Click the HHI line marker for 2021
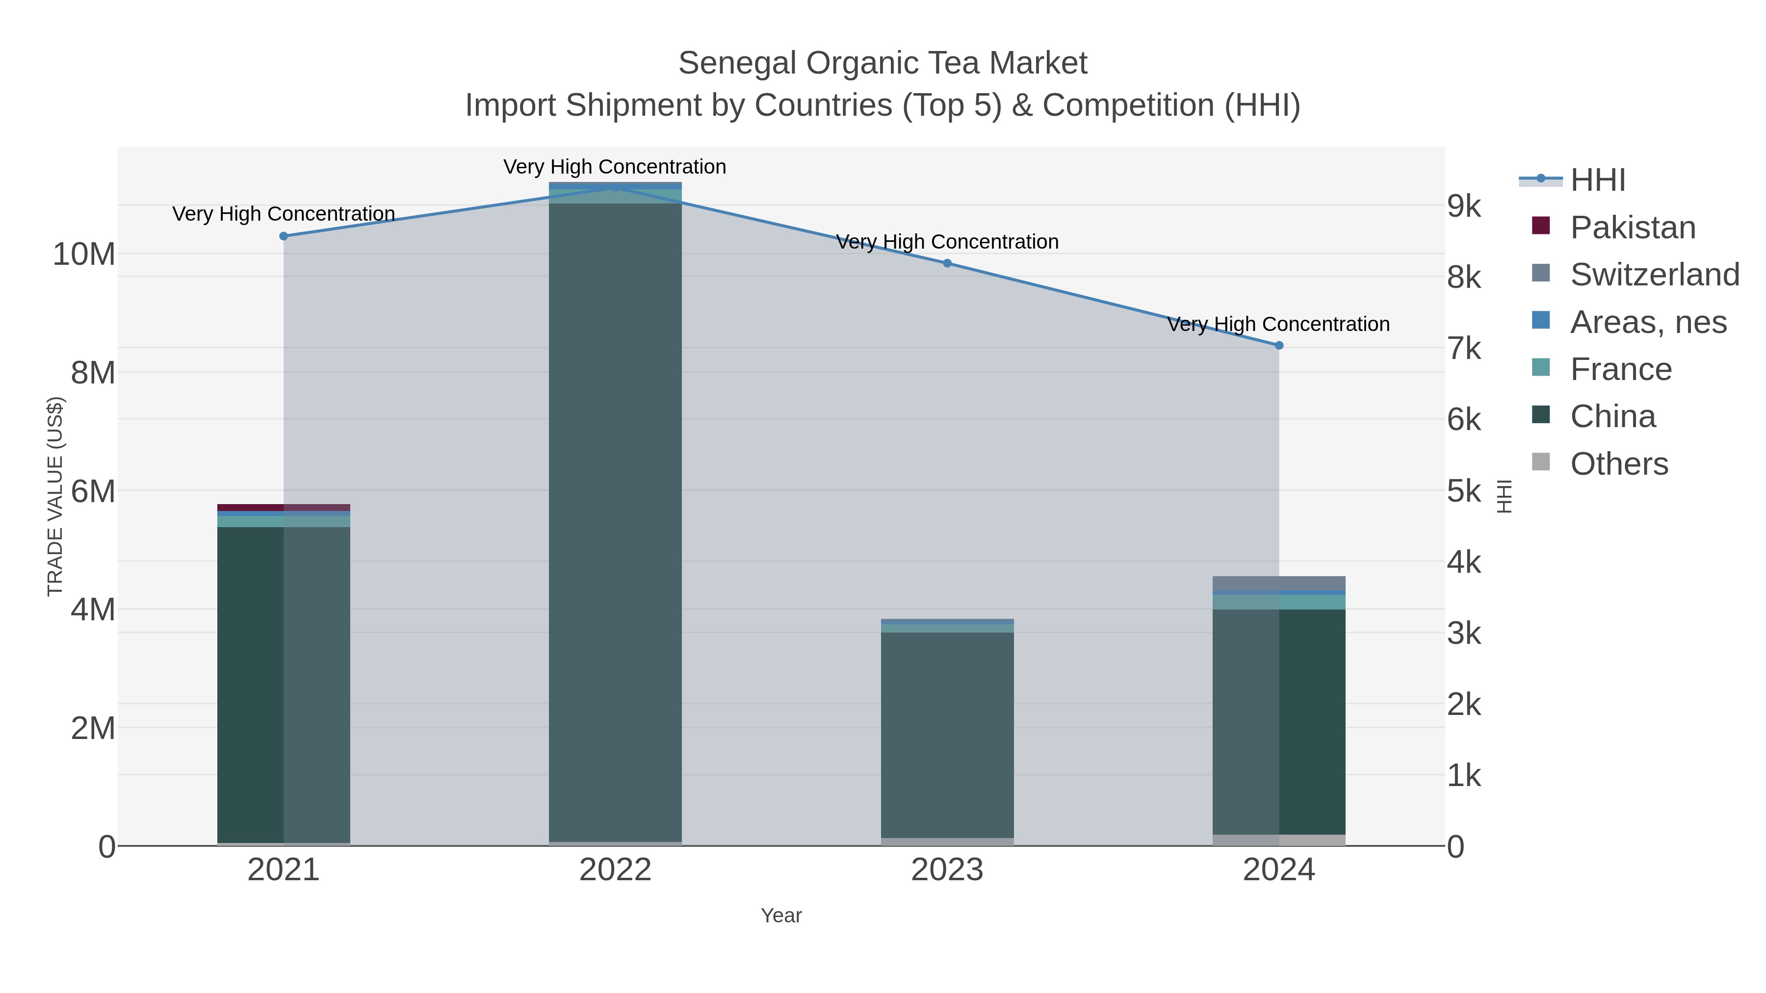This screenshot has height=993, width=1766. (284, 236)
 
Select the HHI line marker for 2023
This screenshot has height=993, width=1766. (947, 263)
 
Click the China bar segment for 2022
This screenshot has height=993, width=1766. (615, 521)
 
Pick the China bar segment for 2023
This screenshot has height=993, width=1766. (947, 733)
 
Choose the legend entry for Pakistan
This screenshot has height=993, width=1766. (1632, 228)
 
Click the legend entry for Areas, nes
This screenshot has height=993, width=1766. (1647, 322)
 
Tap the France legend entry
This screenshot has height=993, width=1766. (1620, 369)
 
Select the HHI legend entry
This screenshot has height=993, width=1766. (1597, 180)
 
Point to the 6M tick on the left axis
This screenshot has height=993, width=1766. (93, 491)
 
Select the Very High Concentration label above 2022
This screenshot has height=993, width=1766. (615, 167)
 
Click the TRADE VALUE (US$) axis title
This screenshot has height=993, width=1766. (55, 496)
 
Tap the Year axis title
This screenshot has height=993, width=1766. (781, 916)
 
